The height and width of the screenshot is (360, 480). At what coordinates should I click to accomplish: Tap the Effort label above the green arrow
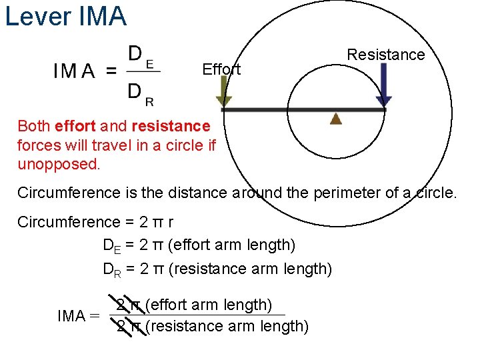click(221, 69)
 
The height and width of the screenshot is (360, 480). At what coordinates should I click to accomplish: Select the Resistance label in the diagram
click(386, 55)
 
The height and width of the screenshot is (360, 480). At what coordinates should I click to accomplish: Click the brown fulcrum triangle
click(336, 119)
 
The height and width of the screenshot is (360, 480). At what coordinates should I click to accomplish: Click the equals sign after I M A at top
click(111, 71)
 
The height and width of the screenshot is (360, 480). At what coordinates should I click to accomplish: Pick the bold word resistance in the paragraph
click(171, 126)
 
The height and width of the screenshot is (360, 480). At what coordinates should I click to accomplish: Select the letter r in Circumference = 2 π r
click(171, 222)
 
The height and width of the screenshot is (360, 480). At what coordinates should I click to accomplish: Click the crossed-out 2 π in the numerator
click(128, 305)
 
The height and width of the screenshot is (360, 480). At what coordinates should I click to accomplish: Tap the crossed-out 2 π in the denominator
click(128, 326)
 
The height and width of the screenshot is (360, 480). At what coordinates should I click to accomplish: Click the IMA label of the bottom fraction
click(71, 316)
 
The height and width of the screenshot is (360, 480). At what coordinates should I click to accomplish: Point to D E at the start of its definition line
click(111, 245)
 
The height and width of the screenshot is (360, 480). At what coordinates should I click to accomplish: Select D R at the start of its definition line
click(111, 269)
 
